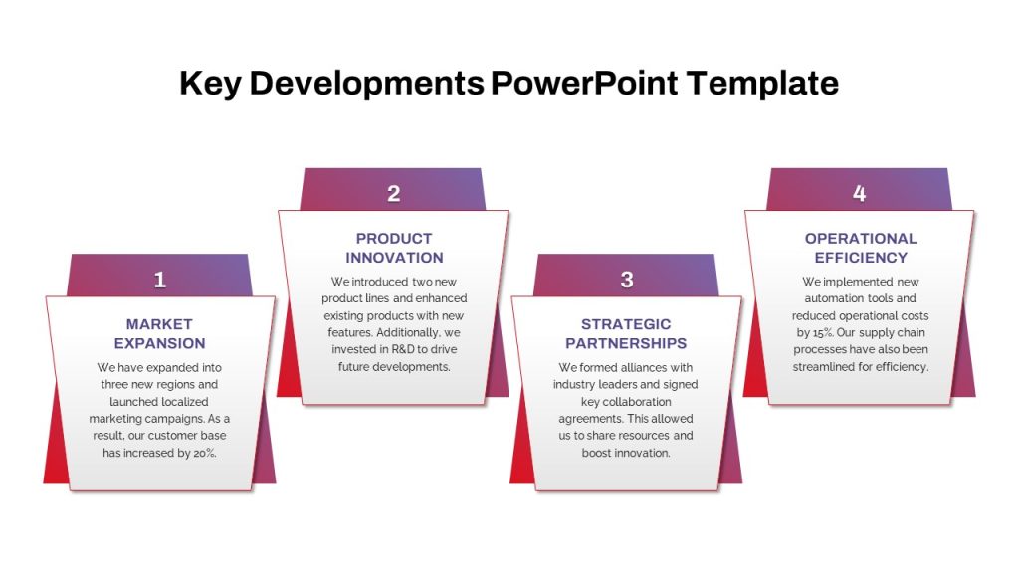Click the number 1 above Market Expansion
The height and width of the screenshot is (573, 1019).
(160, 280)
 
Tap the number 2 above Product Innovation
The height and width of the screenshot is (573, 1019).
(394, 194)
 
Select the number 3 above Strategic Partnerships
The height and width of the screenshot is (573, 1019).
(627, 280)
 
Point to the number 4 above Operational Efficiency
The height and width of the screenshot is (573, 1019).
(859, 194)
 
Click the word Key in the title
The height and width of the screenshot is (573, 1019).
(211, 84)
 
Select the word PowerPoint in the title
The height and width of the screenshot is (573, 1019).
(584, 84)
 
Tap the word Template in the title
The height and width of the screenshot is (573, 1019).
(762, 84)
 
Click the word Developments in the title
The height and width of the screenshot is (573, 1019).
(366, 84)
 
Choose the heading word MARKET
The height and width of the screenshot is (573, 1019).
(159, 324)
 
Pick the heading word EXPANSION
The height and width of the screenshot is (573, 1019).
(160, 343)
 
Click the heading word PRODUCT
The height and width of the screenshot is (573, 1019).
(394, 239)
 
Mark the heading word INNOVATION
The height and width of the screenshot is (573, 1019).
(394, 258)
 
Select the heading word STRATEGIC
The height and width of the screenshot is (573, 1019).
(626, 324)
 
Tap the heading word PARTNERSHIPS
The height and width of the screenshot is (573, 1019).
(626, 343)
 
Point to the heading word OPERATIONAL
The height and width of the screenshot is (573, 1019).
(861, 239)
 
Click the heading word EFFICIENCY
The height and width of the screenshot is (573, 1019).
(861, 258)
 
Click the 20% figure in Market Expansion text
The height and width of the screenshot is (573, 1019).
(204, 453)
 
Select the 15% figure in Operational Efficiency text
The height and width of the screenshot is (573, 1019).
(823, 332)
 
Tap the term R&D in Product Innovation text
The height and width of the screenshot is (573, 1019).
(403, 349)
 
